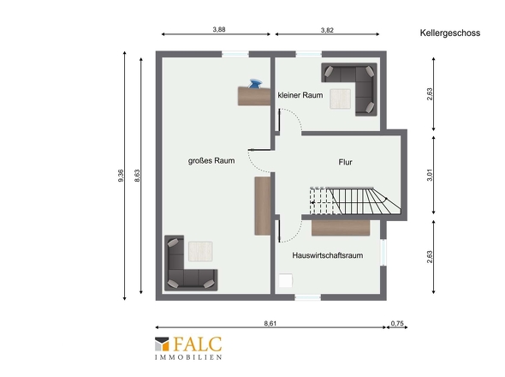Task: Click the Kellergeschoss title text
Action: [x=450, y=33]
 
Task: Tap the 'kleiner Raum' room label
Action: [x=300, y=95]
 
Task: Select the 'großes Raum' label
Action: [x=211, y=160]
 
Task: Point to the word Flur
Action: [x=345, y=162]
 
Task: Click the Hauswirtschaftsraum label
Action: [x=328, y=255]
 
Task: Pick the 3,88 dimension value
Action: [x=219, y=29]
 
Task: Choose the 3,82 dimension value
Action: [x=327, y=30]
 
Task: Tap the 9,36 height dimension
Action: [x=121, y=176]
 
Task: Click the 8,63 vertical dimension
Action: [x=137, y=176]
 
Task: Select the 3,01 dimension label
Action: [x=430, y=175]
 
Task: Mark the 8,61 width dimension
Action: [x=270, y=323]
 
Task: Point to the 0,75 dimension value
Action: [x=397, y=323]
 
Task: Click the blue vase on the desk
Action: [x=255, y=83]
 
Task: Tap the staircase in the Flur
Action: [x=355, y=200]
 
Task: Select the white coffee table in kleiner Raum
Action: [x=340, y=99]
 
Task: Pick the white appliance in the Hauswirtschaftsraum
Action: [x=286, y=280]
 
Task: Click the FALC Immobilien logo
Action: [x=188, y=349]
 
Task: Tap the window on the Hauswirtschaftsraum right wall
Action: [x=383, y=252]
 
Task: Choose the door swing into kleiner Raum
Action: [x=290, y=120]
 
